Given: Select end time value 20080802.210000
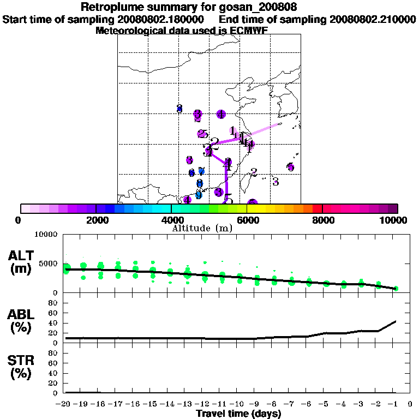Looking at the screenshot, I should [x=373, y=19].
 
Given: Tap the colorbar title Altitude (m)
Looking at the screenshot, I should [x=202, y=228].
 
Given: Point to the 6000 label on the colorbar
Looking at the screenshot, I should [x=247, y=220].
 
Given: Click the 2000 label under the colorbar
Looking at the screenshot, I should [x=95, y=220].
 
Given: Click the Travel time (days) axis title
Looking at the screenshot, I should [x=238, y=414].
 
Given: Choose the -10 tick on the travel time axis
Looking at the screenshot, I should [x=238, y=404].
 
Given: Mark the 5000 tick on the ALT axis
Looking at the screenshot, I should [x=49, y=264].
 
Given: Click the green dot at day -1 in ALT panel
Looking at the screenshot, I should [x=396, y=288].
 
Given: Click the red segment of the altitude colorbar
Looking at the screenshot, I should [x=317, y=208].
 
